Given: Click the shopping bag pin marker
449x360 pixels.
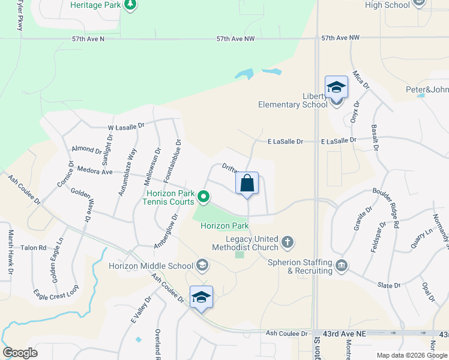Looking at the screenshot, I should [x=247, y=184].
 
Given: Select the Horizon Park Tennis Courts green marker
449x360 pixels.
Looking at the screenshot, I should [x=204, y=196].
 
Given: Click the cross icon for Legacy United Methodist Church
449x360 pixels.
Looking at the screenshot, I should [x=288, y=242].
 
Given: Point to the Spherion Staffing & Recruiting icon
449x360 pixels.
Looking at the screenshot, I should [x=341, y=265].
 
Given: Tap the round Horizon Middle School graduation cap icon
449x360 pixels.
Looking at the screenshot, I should [x=202, y=265].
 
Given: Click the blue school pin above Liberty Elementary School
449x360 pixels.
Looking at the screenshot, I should [x=336, y=87].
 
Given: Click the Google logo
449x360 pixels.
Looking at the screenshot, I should [x=20, y=353].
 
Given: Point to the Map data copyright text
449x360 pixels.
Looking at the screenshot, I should [x=412, y=355].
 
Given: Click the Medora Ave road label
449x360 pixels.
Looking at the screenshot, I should [x=95, y=172].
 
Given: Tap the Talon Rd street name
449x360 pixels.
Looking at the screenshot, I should [x=34, y=248].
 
